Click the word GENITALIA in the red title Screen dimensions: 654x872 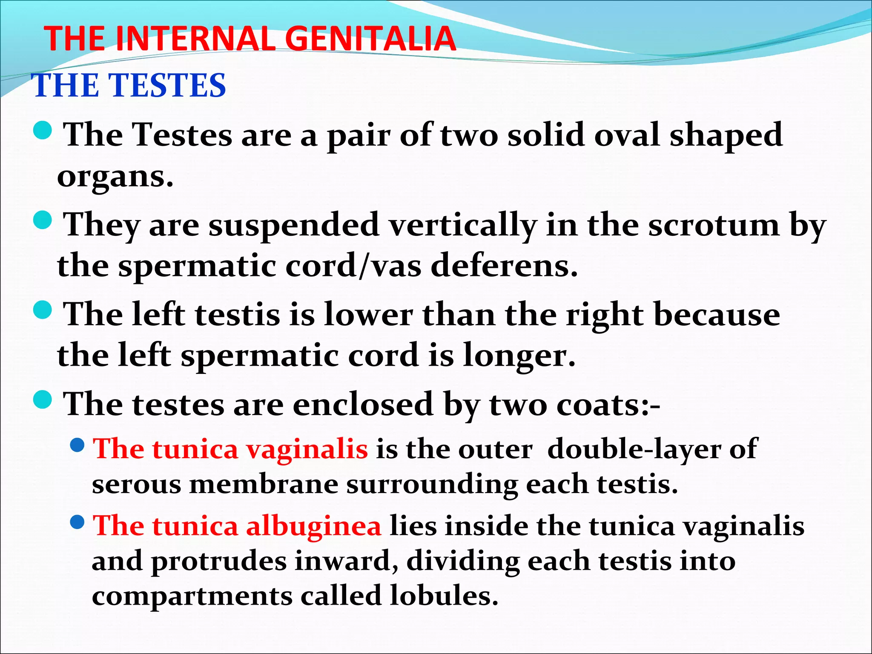click(370, 39)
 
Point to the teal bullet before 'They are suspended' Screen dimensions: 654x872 click(43, 221)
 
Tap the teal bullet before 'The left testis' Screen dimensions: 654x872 click(43, 310)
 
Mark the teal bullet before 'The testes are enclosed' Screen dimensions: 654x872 click(43, 400)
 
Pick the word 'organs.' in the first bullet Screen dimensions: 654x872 click(115, 177)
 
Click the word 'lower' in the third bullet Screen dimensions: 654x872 click(369, 315)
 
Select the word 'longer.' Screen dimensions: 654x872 click(519, 356)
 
